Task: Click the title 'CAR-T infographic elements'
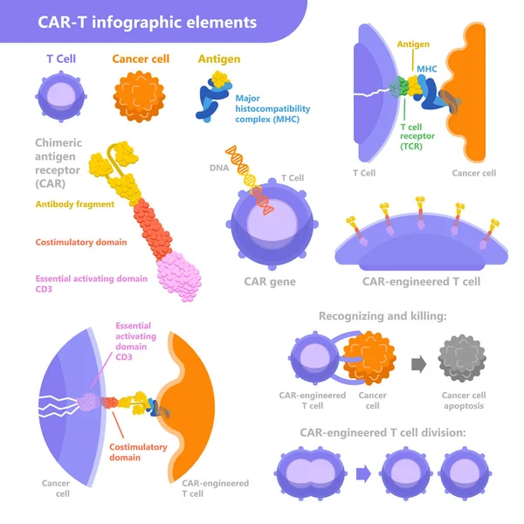(x=148, y=21)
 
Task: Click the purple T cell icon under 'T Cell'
(x=61, y=95)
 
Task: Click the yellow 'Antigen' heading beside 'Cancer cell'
(x=219, y=59)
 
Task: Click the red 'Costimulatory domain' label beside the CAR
(x=81, y=242)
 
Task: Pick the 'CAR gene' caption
(x=270, y=282)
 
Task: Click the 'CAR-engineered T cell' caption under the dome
(x=421, y=282)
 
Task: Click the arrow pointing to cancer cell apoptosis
(x=420, y=361)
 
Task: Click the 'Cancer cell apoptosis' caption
(x=463, y=400)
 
